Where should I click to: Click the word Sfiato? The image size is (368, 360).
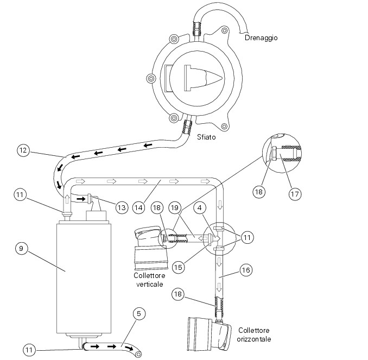pos(206,137)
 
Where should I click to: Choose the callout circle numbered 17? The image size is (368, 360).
pos(295,192)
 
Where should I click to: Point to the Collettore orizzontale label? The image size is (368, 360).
pos(254,334)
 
